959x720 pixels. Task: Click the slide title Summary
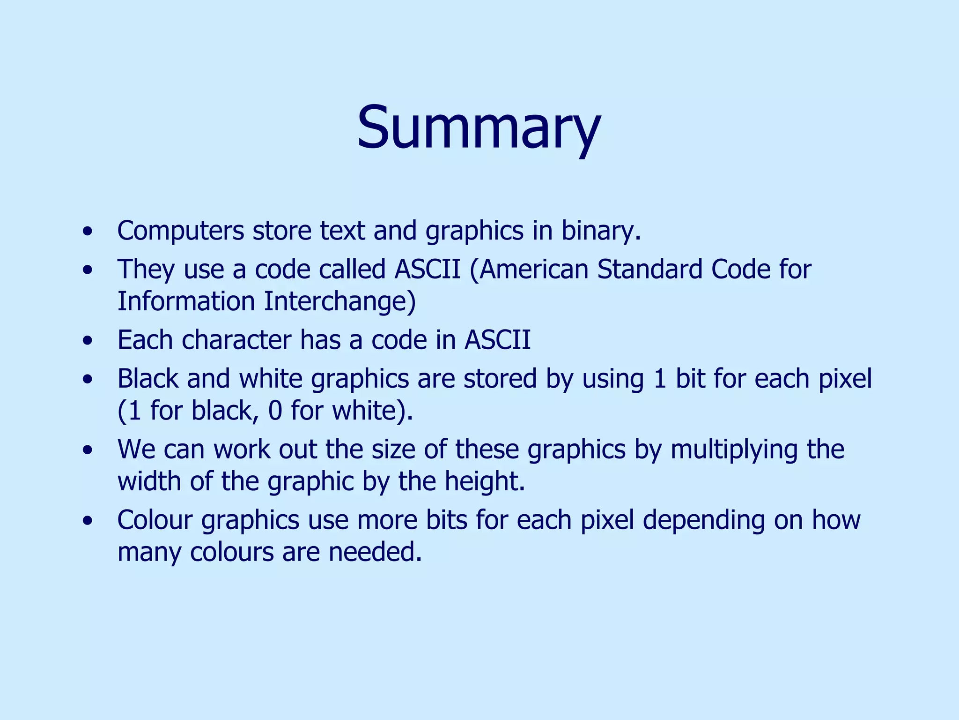tap(479, 127)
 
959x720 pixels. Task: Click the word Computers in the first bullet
tap(181, 231)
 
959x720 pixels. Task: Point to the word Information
tap(186, 301)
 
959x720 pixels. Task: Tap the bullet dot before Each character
tap(87, 341)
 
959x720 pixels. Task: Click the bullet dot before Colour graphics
tap(87, 521)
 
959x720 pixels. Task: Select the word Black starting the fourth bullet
tap(148, 379)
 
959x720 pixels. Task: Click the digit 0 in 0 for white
tap(275, 411)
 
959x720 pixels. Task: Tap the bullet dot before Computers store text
tap(87, 232)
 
